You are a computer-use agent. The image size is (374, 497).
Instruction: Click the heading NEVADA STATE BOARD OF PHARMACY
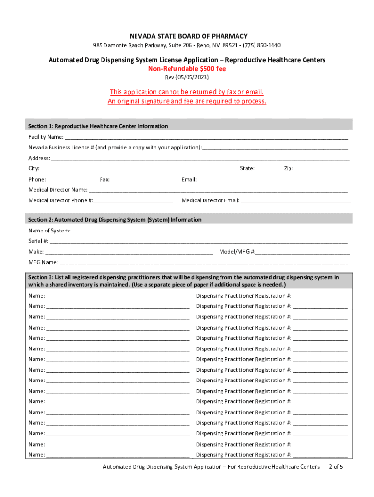click(187, 36)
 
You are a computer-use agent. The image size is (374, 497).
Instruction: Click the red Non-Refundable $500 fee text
click(187, 69)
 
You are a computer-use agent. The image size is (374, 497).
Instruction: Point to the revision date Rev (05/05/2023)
click(187, 78)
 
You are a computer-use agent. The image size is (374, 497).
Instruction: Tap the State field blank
click(267, 169)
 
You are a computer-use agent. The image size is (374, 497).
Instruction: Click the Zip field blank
click(322, 169)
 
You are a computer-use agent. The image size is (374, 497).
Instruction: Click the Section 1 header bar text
click(98, 126)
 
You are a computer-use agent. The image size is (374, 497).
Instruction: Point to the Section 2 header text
click(115, 220)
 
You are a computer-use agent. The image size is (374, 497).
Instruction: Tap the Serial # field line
click(199, 241)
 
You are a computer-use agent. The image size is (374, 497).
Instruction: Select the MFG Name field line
click(204, 263)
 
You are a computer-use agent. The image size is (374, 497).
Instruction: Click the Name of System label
click(49, 231)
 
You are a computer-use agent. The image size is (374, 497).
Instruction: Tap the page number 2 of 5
click(336, 467)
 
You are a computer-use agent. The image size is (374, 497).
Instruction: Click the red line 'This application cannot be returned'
click(187, 92)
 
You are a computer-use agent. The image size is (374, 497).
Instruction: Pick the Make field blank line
click(129, 252)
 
